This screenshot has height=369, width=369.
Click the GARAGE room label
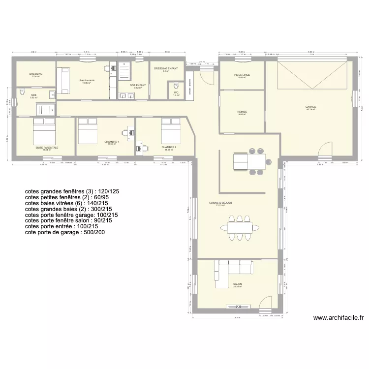tap(310, 107)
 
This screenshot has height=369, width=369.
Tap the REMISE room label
tap(242, 112)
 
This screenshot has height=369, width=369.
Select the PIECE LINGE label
tap(242, 75)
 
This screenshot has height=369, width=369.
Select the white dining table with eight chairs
tap(240, 226)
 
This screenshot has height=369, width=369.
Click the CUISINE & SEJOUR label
tap(220, 203)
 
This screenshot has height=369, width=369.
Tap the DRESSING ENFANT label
tap(166, 69)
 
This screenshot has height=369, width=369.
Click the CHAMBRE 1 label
tap(111, 142)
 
